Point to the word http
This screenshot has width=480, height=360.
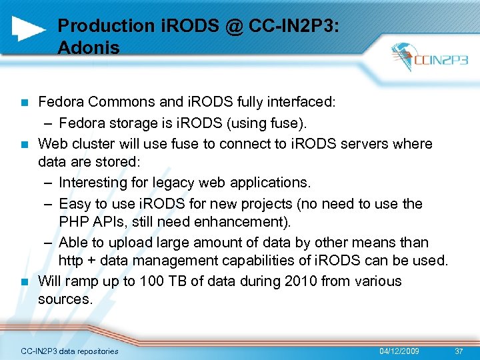pyautogui.click(x=71, y=261)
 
